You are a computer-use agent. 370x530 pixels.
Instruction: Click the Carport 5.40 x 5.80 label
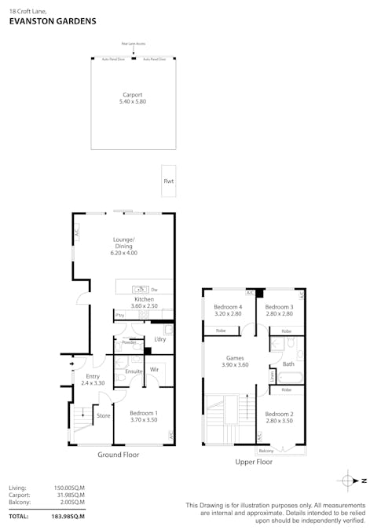click(132, 98)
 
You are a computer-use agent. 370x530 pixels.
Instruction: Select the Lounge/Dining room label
click(123, 246)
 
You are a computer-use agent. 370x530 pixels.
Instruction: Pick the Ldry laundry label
click(159, 339)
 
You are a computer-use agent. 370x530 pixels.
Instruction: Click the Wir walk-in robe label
click(155, 368)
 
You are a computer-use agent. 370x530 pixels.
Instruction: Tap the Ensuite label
click(134, 371)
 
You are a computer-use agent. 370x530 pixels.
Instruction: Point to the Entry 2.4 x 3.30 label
click(93, 379)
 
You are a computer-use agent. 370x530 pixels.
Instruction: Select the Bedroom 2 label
click(278, 417)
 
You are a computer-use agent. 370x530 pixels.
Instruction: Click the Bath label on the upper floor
click(288, 364)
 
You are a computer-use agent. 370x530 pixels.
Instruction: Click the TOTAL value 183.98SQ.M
click(69, 516)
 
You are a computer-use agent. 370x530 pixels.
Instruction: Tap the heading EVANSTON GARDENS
click(52, 22)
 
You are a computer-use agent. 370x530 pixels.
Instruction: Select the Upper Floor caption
click(254, 462)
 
